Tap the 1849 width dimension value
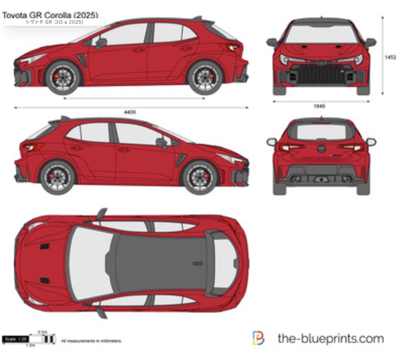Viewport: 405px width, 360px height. click(x=319, y=107)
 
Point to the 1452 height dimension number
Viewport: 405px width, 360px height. click(x=391, y=57)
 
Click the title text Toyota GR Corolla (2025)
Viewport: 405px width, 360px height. click(x=50, y=15)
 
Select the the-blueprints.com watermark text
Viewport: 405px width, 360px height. click(x=330, y=338)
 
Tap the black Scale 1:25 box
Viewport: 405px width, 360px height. click(x=15, y=339)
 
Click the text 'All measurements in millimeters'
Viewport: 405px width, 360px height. click(x=91, y=341)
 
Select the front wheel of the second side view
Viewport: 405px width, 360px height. click(x=200, y=178)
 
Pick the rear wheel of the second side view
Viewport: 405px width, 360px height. click(x=57, y=178)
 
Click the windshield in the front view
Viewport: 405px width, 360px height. click(x=321, y=34)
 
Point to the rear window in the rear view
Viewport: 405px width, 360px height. click(x=321, y=132)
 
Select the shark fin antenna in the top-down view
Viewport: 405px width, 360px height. click(x=198, y=263)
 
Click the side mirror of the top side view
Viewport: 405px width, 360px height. click(x=101, y=43)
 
